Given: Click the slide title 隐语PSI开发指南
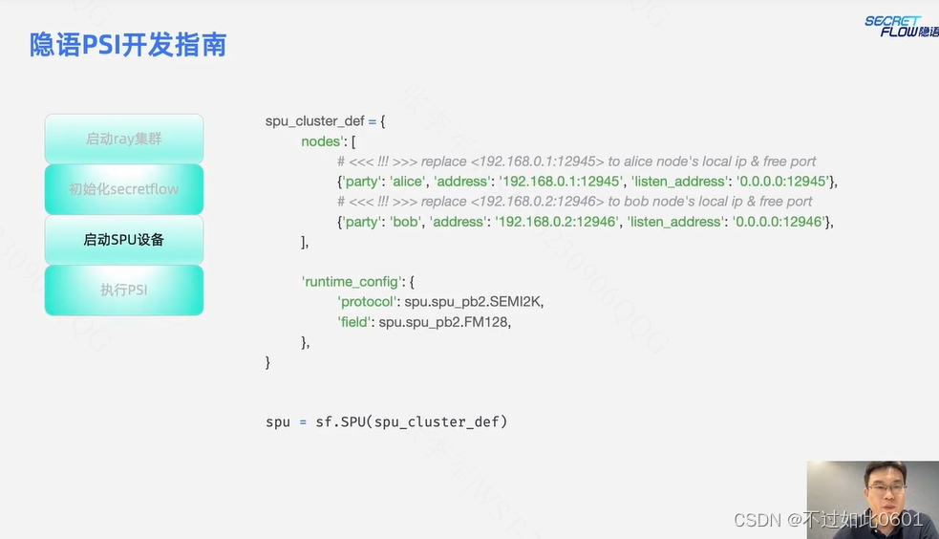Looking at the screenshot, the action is click(x=128, y=45).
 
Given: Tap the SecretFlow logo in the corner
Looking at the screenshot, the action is click(x=901, y=27).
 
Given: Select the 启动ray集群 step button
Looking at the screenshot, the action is click(x=124, y=139).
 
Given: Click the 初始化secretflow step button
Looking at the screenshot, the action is click(x=124, y=189).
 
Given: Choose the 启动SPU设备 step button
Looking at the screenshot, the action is click(x=124, y=240).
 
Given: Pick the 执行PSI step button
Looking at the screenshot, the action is click(x=124, y=290).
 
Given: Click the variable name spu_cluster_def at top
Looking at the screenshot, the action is click(x=314, y=121).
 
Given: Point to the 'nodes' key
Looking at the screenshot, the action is click(x=322, y=141).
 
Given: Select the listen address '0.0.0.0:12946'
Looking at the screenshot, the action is click(x=777, y=222).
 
